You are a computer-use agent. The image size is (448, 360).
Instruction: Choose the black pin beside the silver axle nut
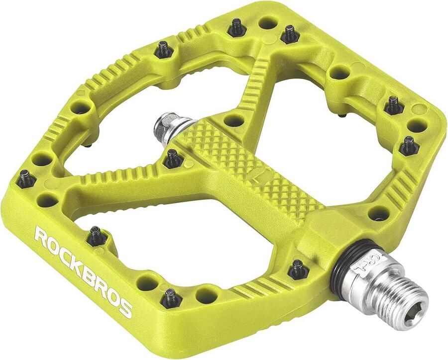[173, 158]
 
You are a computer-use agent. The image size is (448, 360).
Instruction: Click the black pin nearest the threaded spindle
[298, 268]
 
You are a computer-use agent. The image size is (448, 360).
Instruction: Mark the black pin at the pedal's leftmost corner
[24, 178]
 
